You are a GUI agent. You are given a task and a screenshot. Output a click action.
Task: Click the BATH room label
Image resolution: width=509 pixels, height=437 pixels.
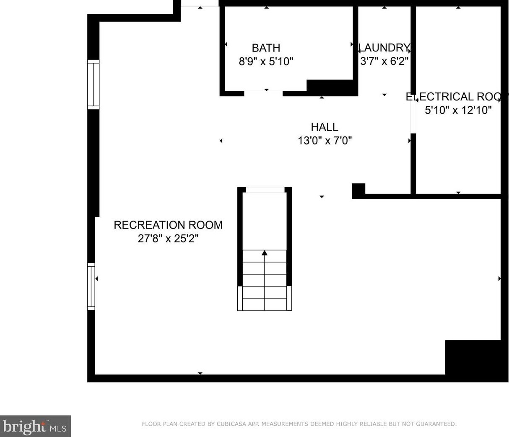coord(266,48)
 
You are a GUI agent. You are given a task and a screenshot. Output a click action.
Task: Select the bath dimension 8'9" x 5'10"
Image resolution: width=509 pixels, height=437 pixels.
coord(266,62)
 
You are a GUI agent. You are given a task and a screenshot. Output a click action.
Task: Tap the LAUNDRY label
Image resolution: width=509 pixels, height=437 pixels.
coord(384,47)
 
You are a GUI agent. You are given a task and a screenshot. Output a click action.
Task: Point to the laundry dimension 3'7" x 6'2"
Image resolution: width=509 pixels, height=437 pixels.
coord(384,61)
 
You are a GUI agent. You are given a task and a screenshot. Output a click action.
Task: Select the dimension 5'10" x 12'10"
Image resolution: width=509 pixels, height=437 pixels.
coord(458,110)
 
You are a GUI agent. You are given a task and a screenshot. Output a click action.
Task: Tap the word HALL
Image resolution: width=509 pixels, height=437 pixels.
coord(325,127)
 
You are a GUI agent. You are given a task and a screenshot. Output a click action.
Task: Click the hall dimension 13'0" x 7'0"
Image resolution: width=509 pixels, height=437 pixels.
coord(325,140)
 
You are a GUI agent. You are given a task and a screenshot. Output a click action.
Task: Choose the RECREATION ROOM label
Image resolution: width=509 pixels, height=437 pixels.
coord(168,225)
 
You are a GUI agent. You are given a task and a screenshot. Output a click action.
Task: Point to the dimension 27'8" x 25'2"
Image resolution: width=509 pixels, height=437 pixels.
coord(168,239)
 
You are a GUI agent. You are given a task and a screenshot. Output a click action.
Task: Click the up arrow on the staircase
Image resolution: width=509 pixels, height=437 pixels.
coord(265,253)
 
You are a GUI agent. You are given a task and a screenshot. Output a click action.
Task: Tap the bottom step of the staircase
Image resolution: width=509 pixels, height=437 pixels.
coord(265,304)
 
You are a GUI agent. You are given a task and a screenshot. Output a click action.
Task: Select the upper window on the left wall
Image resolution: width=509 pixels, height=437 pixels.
coord(93,85)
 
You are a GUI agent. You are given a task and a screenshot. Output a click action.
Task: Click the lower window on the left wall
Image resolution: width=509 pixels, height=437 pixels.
coord(91,286)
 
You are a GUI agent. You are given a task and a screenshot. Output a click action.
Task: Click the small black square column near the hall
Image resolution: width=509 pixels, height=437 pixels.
coord(358,190)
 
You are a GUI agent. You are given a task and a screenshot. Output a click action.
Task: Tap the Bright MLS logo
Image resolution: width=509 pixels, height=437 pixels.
coord(35,427)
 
